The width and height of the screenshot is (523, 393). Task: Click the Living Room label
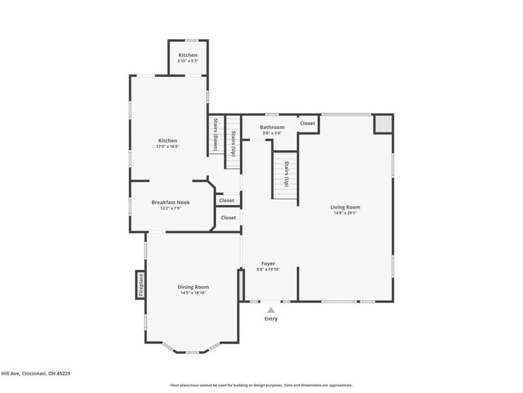tap(345, 207)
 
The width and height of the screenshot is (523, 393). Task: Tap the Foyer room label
tap(268, 263)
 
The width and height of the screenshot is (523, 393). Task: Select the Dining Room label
tap(194, 287)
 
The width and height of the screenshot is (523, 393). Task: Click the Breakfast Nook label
tap(171, 202)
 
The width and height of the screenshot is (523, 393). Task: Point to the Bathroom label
tap(272, 127)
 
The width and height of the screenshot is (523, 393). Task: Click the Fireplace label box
tap(140, 284)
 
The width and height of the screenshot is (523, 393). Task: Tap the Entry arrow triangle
tap(271, 310)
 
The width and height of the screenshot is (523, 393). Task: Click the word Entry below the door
tap(271, 319)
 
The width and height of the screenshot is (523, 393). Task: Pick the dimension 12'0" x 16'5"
tap(167, 147)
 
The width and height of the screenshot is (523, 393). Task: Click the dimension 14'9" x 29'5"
tap(345, 213)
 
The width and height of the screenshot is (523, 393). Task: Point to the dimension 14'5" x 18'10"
tap(194, 293)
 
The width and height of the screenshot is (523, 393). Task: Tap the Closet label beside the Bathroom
tap(307, 123)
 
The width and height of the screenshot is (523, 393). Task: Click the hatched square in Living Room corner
tap(382, 124)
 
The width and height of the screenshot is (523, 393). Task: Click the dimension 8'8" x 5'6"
tap(272, 133)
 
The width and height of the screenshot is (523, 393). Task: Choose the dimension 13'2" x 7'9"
tap(171, 208)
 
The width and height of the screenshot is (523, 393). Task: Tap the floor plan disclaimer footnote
tap(261, 385)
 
